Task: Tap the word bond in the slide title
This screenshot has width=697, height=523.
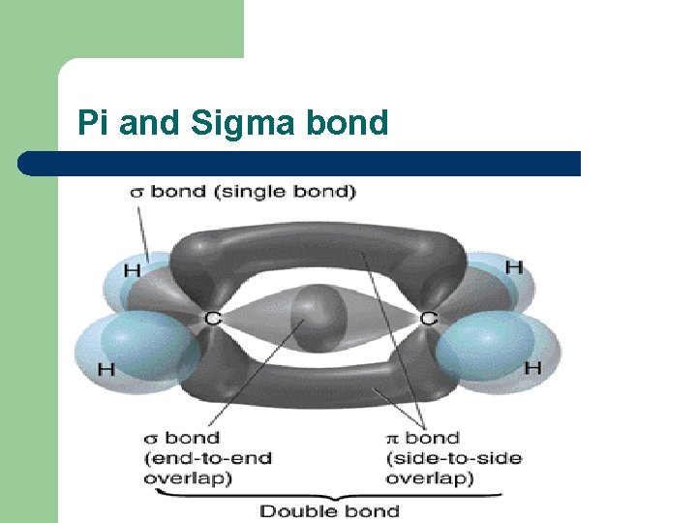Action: [x=346, y=123]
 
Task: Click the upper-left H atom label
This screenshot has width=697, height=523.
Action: [x=131, y=268]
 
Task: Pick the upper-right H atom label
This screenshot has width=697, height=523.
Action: [x=513, y=266]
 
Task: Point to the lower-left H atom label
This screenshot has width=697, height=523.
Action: [x=106, y=369]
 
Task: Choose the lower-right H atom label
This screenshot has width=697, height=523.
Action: [x=532, y=367]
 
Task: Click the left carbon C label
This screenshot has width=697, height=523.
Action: [x=212, y=318]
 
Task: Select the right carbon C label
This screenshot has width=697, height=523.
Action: [x=428, y=317]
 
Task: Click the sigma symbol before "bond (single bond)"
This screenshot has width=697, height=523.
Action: [x=137, y=192]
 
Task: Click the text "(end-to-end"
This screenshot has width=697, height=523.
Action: [x=207, y=458]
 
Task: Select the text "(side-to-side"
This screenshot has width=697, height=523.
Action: [x=453, y=458]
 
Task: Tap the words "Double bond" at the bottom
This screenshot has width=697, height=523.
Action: [x=329, y=510]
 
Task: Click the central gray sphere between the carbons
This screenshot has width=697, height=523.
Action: [x=319, y=316]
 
